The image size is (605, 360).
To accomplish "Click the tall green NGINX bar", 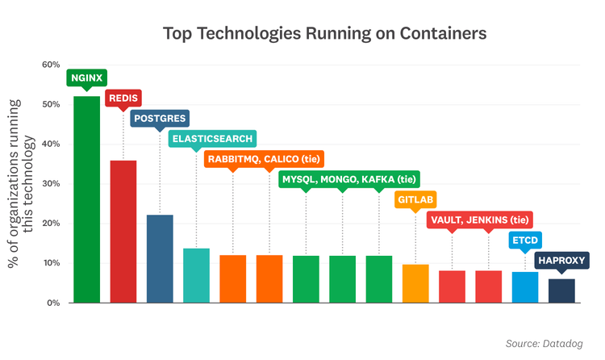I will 86,199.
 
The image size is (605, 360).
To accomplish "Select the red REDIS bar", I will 123,232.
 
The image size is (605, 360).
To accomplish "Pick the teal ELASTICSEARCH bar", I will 196,275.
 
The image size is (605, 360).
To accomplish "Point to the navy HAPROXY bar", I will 561,291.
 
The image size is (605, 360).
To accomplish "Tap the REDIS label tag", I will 123,98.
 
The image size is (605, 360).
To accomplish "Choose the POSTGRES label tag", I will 160,119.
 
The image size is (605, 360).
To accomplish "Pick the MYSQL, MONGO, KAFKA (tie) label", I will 348,179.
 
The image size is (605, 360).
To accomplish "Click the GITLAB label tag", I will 416,199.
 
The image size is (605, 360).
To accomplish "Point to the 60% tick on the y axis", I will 51,65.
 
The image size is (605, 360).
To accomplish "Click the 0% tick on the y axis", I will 53,303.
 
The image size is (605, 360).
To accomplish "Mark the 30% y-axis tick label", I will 51,184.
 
